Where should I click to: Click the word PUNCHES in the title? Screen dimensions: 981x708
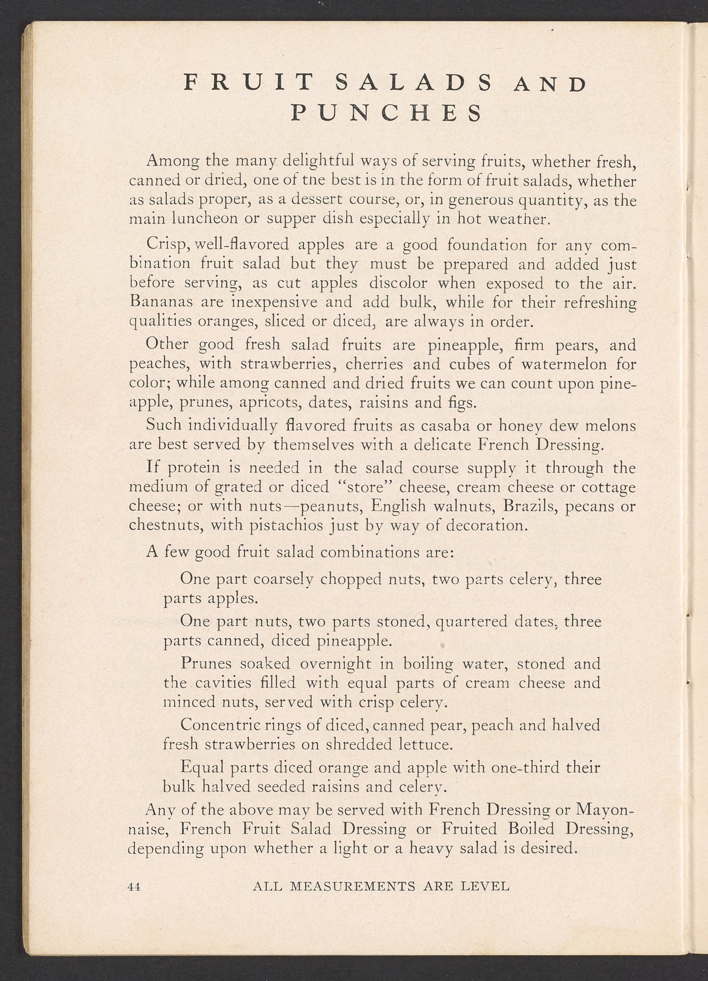pos(386,113)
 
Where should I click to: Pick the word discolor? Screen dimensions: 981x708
pos(398,283)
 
